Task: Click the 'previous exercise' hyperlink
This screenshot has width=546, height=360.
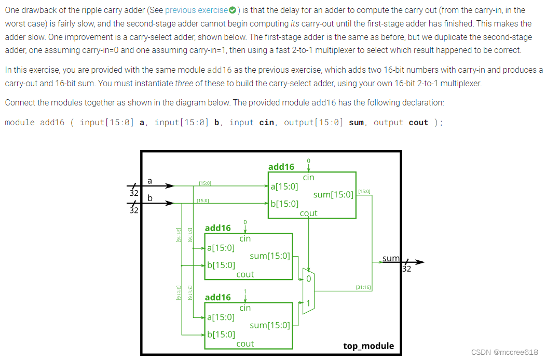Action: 196,10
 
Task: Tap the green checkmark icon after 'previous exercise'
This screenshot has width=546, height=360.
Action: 232,10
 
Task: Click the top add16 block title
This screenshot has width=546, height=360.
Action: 281,167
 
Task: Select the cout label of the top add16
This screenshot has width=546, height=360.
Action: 308,213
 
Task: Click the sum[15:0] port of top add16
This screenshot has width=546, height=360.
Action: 333,195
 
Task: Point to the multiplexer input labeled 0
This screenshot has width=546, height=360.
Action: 308,279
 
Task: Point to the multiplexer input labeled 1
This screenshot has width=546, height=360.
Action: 308,303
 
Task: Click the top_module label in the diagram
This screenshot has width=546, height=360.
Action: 368,346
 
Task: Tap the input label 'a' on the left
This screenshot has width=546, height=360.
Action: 150,181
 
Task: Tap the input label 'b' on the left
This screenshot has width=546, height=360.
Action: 150,198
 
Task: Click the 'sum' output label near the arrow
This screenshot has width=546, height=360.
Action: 391,258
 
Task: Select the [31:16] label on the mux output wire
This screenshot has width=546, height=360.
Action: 362,287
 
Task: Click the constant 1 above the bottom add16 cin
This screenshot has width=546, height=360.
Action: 245,291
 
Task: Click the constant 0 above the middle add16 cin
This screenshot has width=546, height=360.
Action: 245,222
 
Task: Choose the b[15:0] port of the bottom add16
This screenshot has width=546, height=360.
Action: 221,335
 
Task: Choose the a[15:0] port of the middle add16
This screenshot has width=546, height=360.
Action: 221,248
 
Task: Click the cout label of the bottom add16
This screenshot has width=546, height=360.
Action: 245,343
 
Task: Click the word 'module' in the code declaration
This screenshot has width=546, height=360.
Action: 20,123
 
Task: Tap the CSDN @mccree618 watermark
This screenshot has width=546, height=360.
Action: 504,352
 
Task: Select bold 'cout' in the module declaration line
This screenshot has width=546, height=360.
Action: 418,123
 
